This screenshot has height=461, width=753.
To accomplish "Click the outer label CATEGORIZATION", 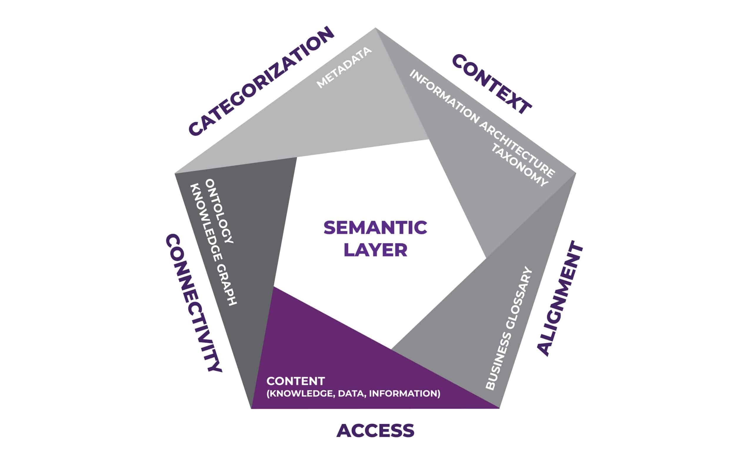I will (261, 81).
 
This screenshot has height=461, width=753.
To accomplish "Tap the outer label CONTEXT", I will (492, 85).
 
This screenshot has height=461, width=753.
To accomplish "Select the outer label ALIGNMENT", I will (560, 298).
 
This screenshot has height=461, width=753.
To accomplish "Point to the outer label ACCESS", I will (375, 431).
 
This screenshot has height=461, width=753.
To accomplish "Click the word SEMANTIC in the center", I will (375, 228).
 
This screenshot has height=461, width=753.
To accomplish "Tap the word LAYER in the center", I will (375, 250).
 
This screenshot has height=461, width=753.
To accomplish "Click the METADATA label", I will (344, 68).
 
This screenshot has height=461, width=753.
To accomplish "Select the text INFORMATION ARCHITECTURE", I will (482, 124).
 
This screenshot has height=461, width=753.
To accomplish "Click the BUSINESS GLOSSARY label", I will (509, 329).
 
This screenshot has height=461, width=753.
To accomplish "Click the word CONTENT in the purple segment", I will (296, 381).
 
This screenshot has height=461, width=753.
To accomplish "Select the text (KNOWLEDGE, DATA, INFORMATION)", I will (353, 393).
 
